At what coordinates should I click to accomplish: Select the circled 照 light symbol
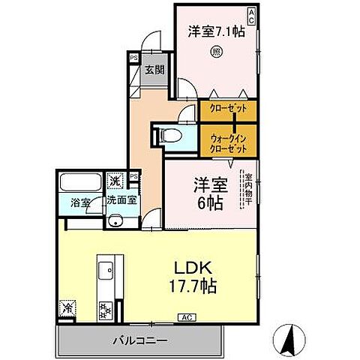click(215, 52)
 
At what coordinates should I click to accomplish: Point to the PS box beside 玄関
click(134, 57)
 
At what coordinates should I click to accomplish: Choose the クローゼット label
click(228, 109)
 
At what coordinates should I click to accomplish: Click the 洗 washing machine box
click(115, 181)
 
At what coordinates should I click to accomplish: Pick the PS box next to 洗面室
click(133, 177)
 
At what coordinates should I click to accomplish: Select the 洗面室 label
click(121, 201)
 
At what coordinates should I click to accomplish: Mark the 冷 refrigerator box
click(67, 307)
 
